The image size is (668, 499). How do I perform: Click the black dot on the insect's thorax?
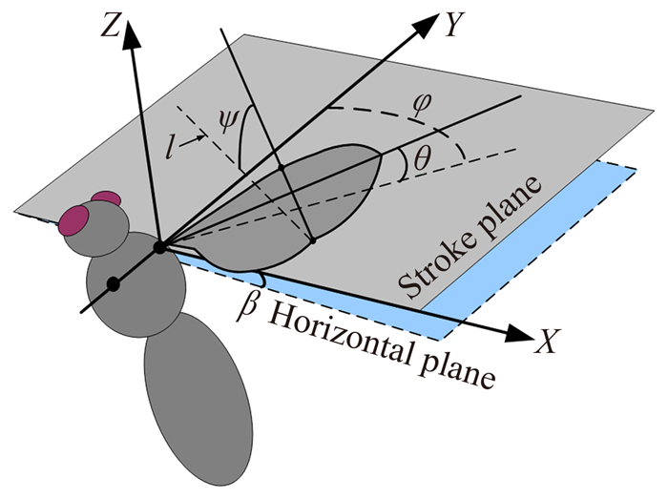point(113,283)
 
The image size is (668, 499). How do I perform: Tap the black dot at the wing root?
point(159,248)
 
